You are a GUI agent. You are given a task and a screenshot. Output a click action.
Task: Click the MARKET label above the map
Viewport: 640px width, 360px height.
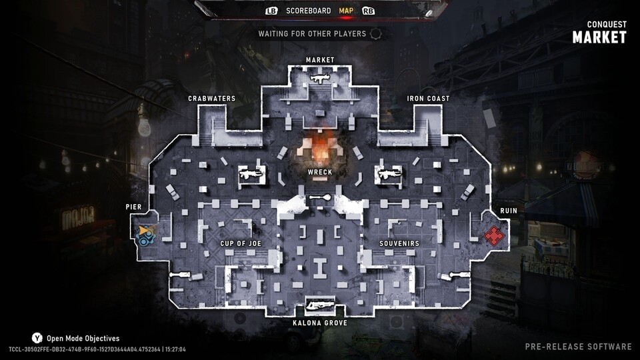pyautogui.click(x=320, y=60)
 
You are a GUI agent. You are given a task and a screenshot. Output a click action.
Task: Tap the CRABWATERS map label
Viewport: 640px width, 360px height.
pyautogui.click(x=212, y=99)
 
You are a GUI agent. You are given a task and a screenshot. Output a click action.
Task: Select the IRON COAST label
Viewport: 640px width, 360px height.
pyautogui.click(x=428, y=99)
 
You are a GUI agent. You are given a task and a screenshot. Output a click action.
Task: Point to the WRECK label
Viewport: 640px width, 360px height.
pyautogui.click(x=320, y=172)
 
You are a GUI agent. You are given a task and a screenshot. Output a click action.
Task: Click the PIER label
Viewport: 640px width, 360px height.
pyautogui.click(x=133, y=207)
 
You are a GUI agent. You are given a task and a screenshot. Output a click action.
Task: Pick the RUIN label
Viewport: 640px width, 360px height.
pyautogui.click(x=509, y=211)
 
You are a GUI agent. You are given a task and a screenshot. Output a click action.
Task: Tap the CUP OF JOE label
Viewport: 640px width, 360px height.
pyautogui.click(x=241, y=244)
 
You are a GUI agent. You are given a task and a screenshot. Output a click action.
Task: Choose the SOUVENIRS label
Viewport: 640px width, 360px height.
pyautogui.click(x=399, y=244)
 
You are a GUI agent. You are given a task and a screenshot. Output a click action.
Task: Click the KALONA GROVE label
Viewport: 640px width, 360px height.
pyautogui.click(x=320, y=323)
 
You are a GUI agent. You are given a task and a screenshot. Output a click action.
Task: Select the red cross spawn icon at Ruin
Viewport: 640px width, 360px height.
pyautogui.click(x=494, y=235)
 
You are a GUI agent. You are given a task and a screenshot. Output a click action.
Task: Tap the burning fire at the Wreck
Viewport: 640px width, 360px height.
pyautogui.click(x=320, y=149)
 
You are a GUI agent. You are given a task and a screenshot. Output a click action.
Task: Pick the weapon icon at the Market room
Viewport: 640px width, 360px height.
pyautogui.click(x=319, y=79)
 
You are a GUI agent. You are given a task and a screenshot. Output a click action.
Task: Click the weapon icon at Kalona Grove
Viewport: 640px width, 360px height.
pyautogui.click(x=320, y=305)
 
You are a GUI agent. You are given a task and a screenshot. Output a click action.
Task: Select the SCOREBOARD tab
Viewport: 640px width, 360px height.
pyautogui.click(x=309, y=11)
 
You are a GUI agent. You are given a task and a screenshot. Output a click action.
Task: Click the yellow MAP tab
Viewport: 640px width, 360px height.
pyautogui.click(x=346, y=11)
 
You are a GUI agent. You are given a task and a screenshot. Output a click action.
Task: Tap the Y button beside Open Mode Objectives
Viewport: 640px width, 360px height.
pyautogui.click(x=37, y=338)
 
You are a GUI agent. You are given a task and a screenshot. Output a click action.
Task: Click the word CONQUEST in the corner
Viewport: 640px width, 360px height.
pyautogui.click(x=607, y=25)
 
